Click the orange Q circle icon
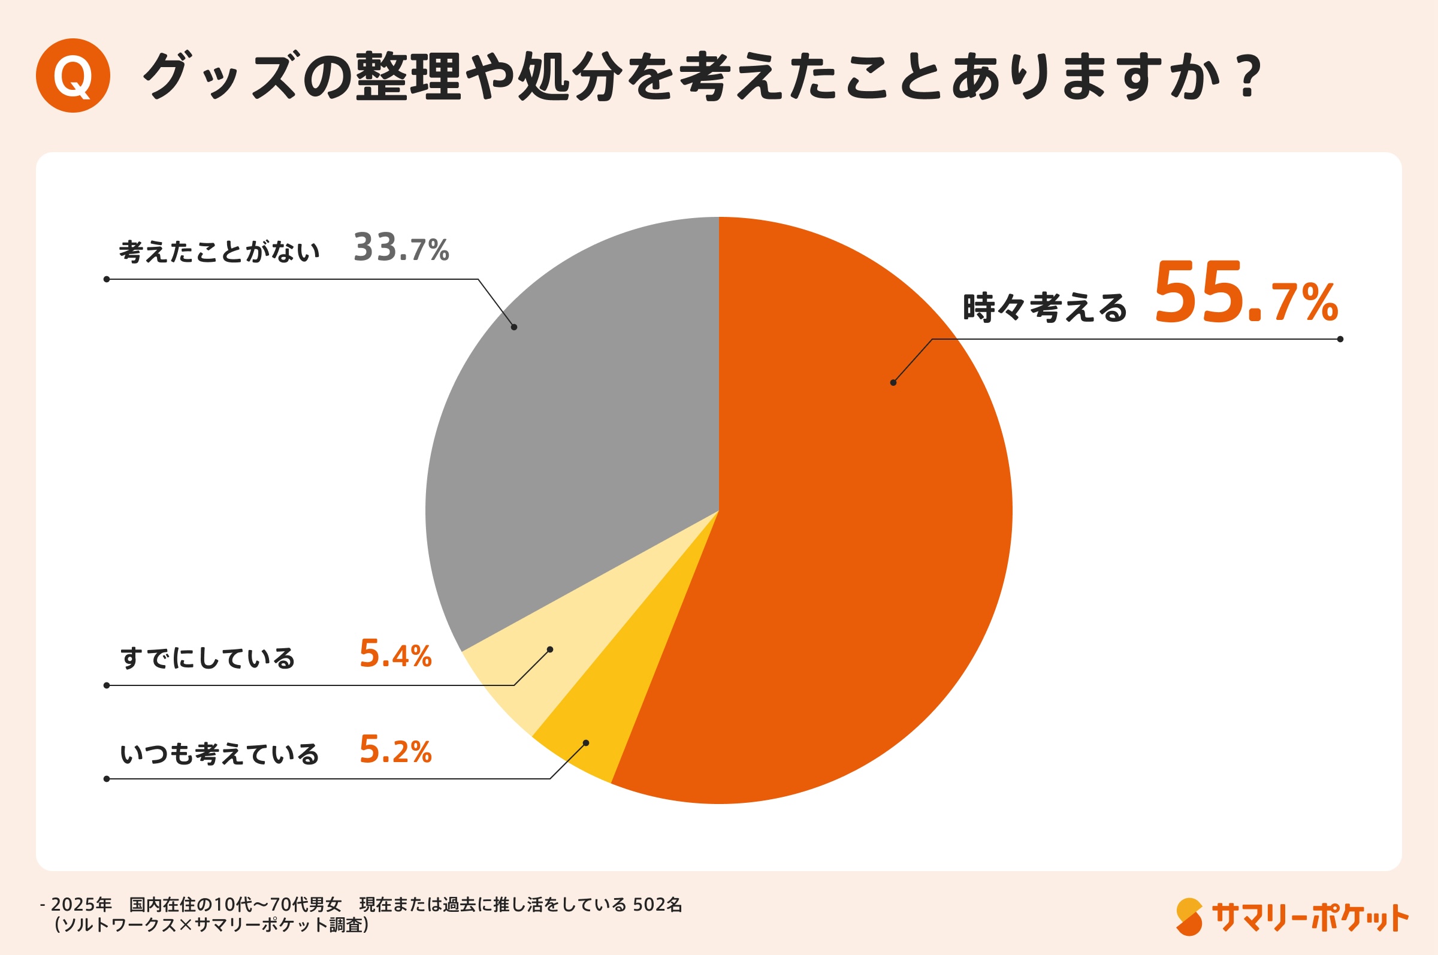72,75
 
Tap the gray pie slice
579,427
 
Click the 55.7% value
1245,293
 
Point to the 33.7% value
401,248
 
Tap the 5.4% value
395,654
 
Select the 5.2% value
395,750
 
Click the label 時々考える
1044,307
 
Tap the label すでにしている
208,658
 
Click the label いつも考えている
219,754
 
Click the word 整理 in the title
408,76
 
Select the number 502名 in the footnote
657,905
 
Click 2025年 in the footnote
81,905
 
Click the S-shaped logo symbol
1189,916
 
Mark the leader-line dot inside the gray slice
514,327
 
